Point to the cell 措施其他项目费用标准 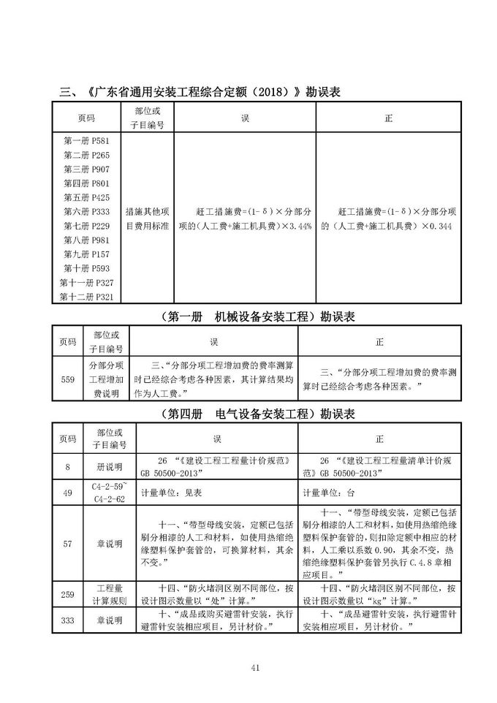[x=148, y=218]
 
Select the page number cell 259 [x=68, y=594]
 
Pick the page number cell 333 [x=68, y=620]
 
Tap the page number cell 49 [x=68, y=493]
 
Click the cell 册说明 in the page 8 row [x=109, y=466]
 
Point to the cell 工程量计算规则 [x=109, y=594]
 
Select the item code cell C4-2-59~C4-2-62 [x=109, y=493]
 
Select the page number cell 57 [x=68, y=543]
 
